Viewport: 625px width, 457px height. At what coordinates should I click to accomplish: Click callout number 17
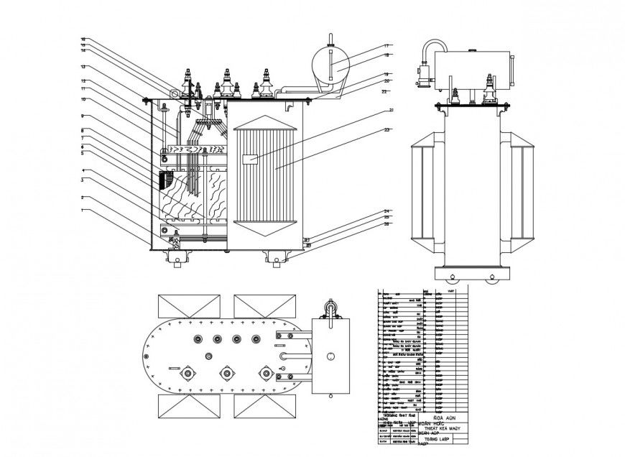(x=386, y=47)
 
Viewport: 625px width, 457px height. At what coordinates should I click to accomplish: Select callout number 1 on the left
(x=83, y=210)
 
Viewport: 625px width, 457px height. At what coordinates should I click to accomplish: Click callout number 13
(x=83, y=66)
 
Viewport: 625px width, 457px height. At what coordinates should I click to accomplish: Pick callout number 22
(x=384, y=91)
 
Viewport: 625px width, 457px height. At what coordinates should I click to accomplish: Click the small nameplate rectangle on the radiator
(x=251, y=160)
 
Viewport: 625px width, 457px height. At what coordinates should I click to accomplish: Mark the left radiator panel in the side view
(x=427, y=190)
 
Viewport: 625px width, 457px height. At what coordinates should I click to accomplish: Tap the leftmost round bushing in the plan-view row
(x=195, y=339)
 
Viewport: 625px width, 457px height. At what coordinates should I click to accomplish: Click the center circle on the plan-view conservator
(x=330, y=355)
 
